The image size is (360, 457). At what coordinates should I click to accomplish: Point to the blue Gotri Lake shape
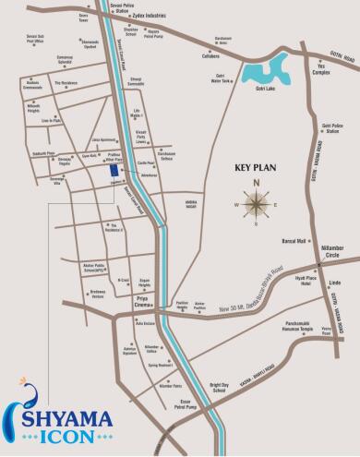pyautogui.click(x=268, y=69)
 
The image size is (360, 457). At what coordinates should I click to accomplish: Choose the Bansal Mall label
pyautogui.click(x=294, y=241)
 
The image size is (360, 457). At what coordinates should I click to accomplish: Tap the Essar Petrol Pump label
pyautogui.click(x=188, y=403)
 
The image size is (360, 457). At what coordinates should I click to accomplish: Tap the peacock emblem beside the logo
pyautogui.click(x=22, y=403)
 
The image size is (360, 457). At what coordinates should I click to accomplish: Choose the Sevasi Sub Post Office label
pyautogui.click(x=37, y=40)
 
